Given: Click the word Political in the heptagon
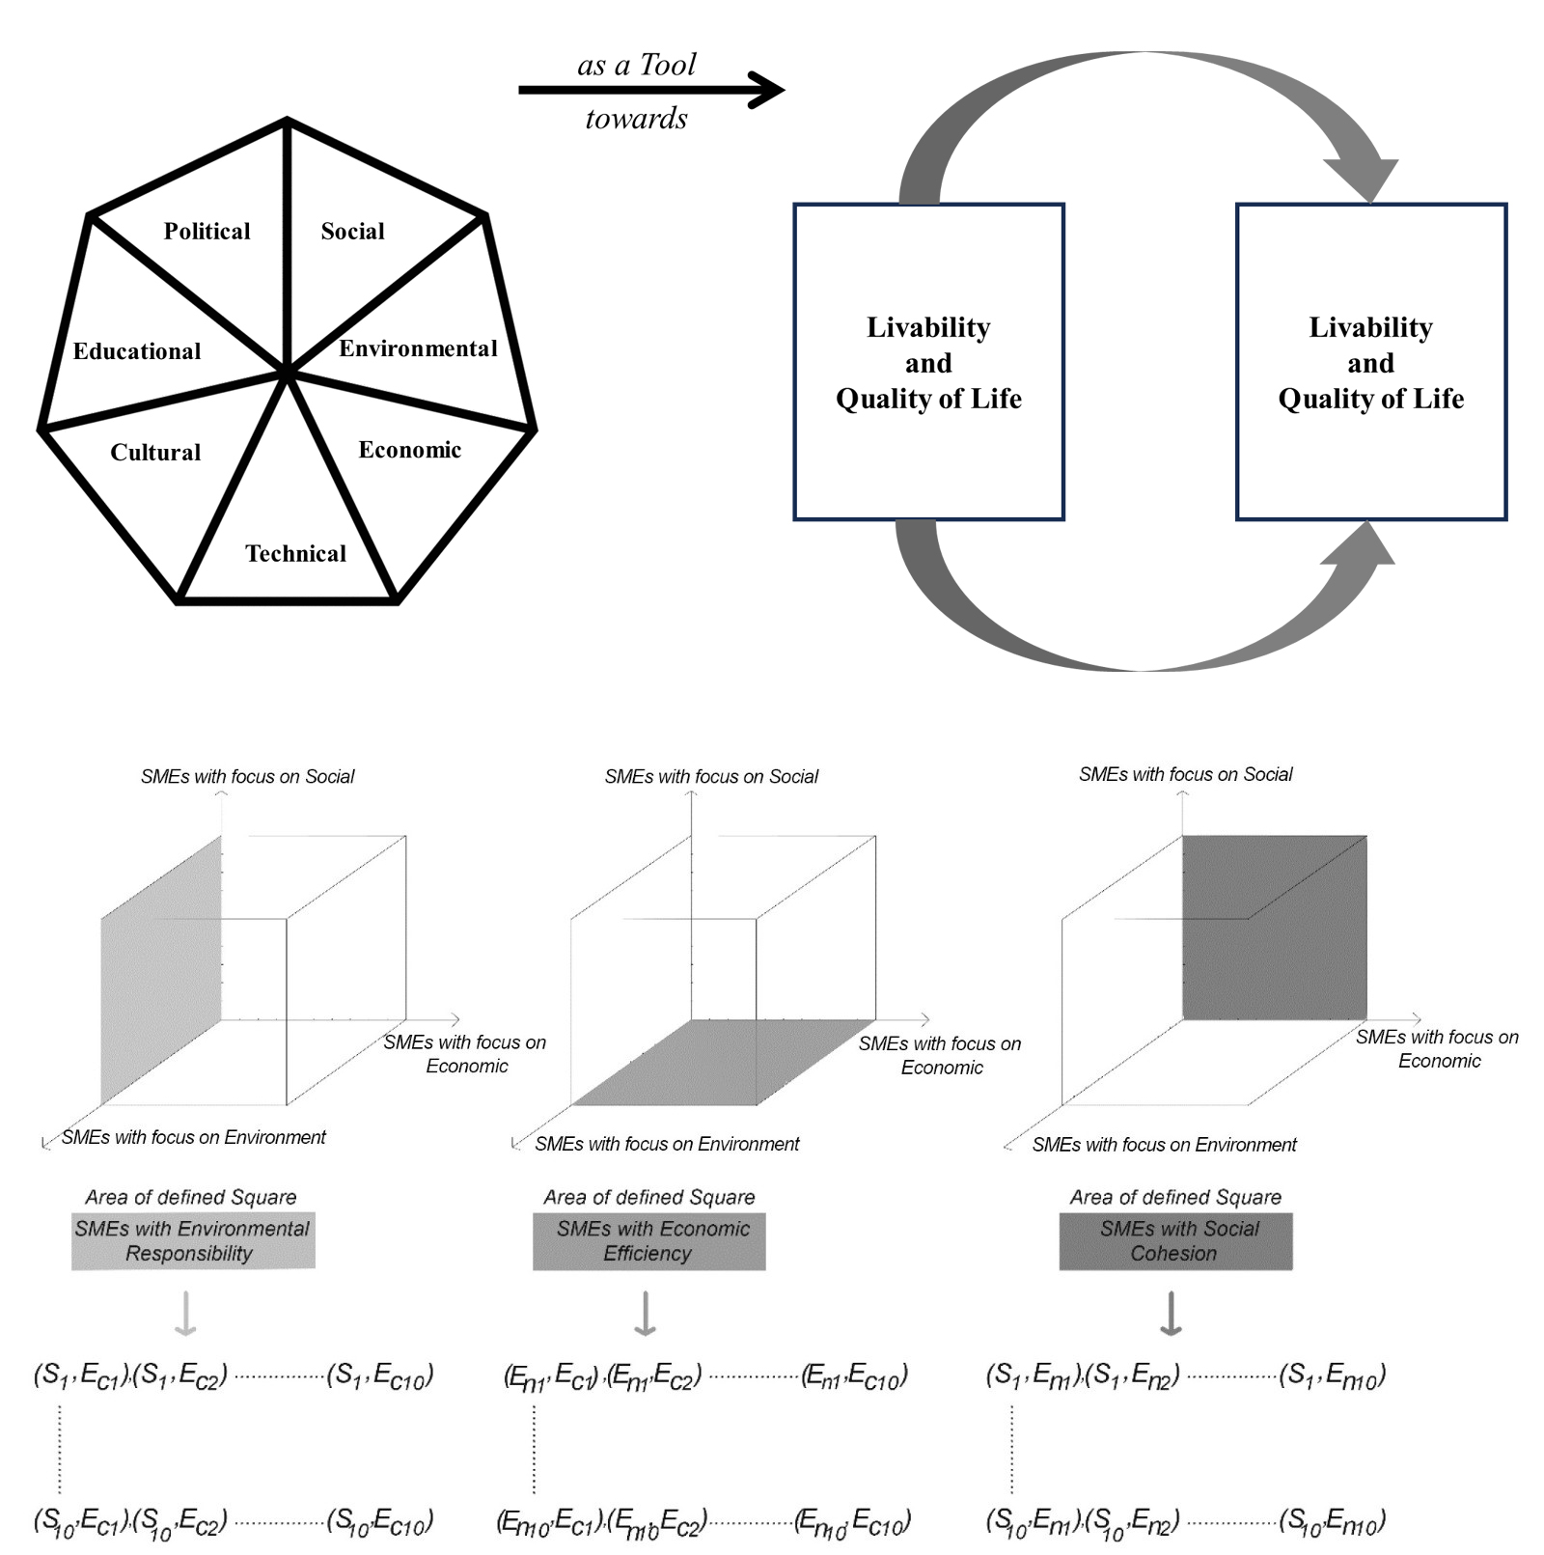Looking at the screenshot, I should (207, 231).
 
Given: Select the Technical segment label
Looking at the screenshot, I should (295, 553).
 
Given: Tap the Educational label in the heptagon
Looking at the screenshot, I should (137, 350).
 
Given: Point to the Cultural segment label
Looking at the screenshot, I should (155, 452).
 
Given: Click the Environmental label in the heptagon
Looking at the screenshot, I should (418, 348).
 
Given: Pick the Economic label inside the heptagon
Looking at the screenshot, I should (409, 449).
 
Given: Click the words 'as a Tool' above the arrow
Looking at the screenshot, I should (636, 65).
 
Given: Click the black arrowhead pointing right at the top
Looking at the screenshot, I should (768, 90).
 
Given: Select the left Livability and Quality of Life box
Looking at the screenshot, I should (928, 362).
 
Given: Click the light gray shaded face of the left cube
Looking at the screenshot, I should (161, 970).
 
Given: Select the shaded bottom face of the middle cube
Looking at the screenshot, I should (724, 1062).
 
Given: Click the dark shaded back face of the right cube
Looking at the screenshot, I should (1274, 927).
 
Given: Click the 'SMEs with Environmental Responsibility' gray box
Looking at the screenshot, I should (193, 1240).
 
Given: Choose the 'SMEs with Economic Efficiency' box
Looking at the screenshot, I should (648, 1240).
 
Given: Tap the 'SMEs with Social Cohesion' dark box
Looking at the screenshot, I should (1175, 1240).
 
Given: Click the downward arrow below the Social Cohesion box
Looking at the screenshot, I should (1171, 1313).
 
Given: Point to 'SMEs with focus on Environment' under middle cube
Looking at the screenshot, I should (667, 1144).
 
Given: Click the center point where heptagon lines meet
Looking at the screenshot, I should (287, 371).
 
